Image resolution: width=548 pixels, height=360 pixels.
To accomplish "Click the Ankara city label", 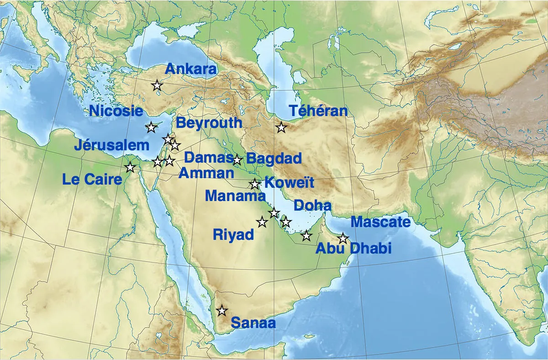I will pyautogui.click(x=190, y=69).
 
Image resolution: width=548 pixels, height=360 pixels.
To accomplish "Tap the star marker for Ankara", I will pyautogui.click(x=157, y=85).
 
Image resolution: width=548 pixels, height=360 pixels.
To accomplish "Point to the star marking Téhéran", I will pyautogui.click(x=281, y=128).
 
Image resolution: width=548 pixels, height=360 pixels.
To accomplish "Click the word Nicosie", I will pyautogui.click(x=116, y=111).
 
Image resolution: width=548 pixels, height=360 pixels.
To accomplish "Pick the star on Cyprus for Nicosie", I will pyautogui.click(x=151, y=127).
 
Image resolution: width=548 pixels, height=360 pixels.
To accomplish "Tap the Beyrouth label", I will pyautogui.click(x=209, y=122).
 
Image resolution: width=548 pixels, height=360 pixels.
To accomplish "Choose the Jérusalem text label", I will pyautogui.click(x=112, y=145).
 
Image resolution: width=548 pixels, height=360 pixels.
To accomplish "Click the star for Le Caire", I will pyautogui.click(x=130, y=167).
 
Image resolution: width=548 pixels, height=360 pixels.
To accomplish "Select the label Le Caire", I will pyautogui.click(x=92, y=179).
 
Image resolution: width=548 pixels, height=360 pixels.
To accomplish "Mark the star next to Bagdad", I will pyautogui.click(x=237, y=160).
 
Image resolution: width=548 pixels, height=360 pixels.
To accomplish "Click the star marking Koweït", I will pyautogui.click(x=255, y=184).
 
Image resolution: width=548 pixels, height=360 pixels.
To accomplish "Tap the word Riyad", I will pyautogui.click(x=233, y=235).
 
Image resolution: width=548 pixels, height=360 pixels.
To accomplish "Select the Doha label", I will pyautogui.click(x=312, y=206).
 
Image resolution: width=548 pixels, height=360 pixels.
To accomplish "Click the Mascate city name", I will pyautogui.click(x=380, y=222).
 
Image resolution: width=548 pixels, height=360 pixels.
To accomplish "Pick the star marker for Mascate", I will pyautogui.click(x=343, y=238).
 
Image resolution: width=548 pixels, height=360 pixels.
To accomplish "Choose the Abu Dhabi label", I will pyautogui.click(x=354, y=248).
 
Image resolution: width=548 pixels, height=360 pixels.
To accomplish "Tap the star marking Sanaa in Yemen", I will pyautogui.click(x=222, y=311).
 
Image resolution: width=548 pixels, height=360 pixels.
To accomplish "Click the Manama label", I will pyautogui.click(x=235, y=196).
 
